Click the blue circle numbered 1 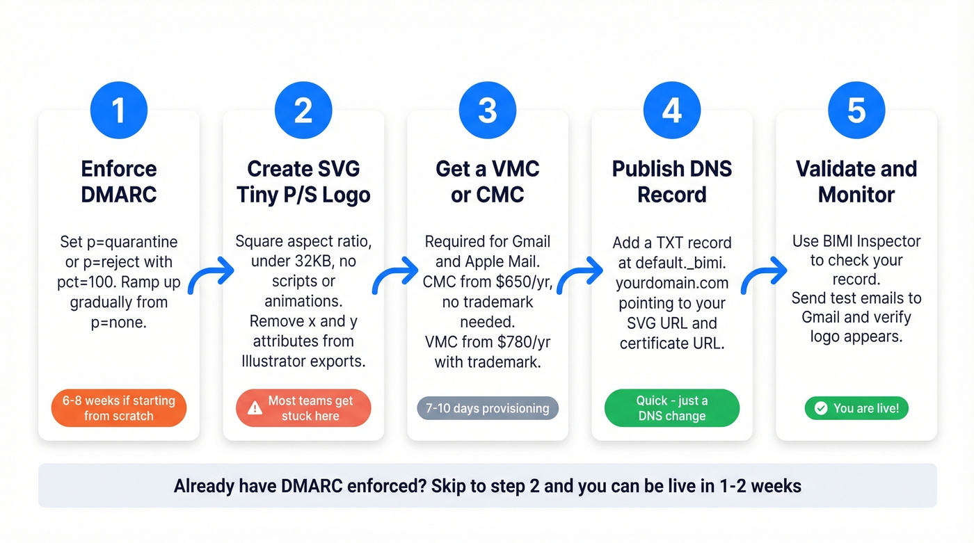click(119, 111)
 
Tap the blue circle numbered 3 click(488, 111)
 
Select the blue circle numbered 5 click(856, 111)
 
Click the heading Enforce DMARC click(119, 181)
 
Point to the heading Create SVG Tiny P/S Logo click(303, 181)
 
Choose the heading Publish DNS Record click(672, 181)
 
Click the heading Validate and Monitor click(856, 181)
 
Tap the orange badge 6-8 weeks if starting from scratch click(119, 408)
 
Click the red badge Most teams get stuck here click(303, 408)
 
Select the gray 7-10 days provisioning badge click(488, 408)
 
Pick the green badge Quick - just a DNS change click(672, 408)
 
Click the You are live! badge click(856, 408)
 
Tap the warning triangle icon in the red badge click(255, 408)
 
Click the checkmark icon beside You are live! click(821, 408)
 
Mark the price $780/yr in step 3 click(522, 342)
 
